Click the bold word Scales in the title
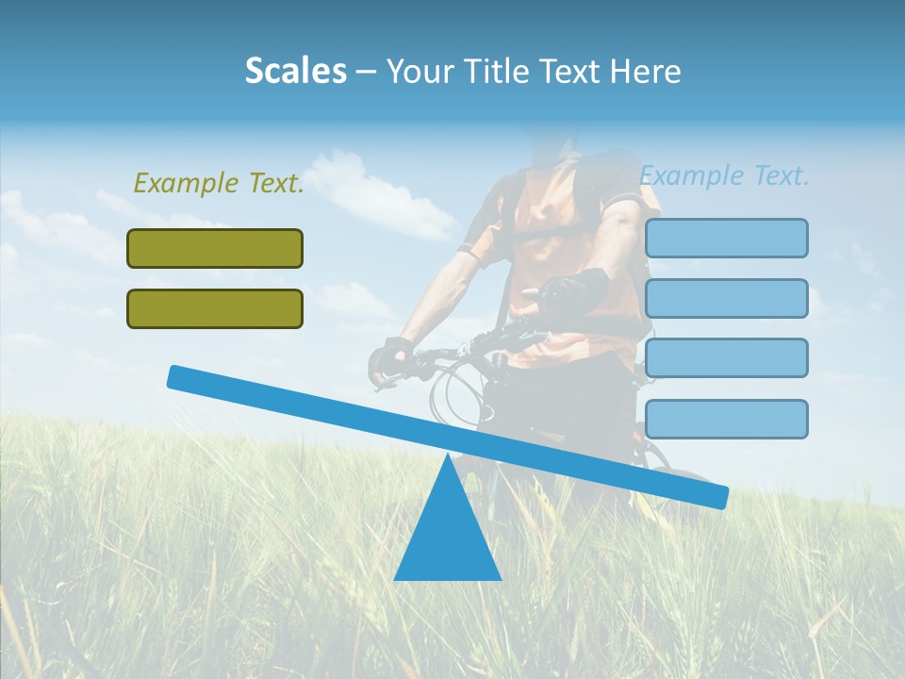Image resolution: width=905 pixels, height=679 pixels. point(296,71)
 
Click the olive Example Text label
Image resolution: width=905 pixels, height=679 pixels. point(219,183)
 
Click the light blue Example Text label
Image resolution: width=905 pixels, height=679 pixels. point(724,175)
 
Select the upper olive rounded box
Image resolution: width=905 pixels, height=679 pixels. point(215,248)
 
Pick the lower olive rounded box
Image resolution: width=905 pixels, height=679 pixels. point(215,308)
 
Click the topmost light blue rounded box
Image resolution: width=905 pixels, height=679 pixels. point(726,238)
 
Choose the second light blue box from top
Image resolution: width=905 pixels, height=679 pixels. point(726,298)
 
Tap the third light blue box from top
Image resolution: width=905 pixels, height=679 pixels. point(726,358)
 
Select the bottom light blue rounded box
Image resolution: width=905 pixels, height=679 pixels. point(726,419)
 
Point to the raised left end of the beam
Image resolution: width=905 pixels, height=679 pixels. point(175,376)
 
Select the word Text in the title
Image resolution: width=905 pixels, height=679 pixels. point(573,71)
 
